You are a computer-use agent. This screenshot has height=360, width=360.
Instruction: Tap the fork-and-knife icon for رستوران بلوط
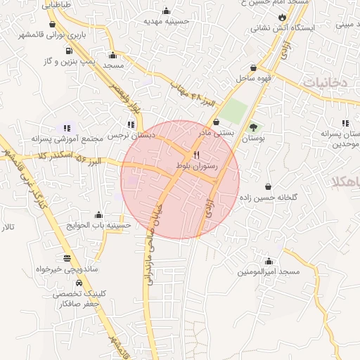point(197,155)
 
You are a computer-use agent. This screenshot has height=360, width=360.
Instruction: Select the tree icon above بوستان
point(253,127)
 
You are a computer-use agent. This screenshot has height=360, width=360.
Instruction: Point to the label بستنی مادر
point(213,131)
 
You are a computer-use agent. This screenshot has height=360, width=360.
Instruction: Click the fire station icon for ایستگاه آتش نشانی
point(282,17)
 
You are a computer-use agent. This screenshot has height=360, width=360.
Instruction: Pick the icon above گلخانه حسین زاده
point(269,187)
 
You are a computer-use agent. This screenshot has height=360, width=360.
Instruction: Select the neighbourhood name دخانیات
point(325,83)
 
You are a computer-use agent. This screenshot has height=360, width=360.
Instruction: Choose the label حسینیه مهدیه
point(167,22)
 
